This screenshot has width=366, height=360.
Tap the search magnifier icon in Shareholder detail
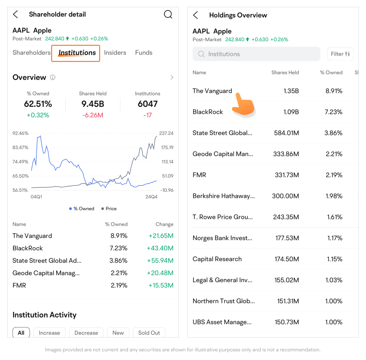coord(168,14)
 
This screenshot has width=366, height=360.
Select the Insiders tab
coord(115,53)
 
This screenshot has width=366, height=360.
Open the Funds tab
coord(144,53)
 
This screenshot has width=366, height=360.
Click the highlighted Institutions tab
coord(77,53)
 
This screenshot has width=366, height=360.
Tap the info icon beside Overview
coord(52,78)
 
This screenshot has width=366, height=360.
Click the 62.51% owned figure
coord(38,104)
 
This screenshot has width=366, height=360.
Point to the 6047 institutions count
coord(147,104)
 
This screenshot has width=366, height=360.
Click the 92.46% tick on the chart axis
coord(21,133)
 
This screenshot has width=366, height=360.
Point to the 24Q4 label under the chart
coord(151,197)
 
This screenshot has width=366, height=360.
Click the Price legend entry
coord(109,209)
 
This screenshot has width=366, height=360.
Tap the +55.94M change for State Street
coord(160,261)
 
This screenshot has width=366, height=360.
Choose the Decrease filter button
coord(86,333)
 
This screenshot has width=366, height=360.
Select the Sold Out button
coord(149,333)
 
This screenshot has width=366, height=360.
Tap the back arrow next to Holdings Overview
coord(196,15)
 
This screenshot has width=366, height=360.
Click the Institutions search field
coord(256,54)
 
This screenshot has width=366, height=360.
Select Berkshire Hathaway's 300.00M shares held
coord(286,196)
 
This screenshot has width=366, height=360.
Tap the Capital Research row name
coord(217,259)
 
